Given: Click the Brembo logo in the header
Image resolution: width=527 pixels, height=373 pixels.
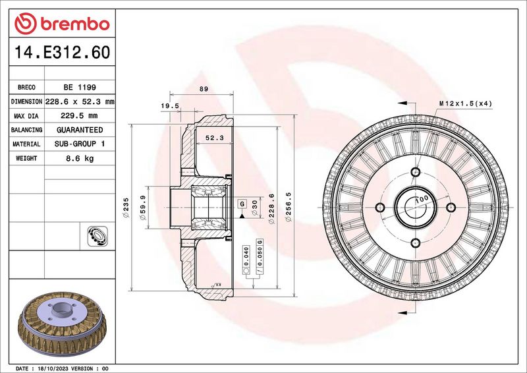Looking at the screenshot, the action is (62, 24).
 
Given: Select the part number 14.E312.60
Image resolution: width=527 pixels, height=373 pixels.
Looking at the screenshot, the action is (62, 52).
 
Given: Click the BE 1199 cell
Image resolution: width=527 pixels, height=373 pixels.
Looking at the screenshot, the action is (80, 88).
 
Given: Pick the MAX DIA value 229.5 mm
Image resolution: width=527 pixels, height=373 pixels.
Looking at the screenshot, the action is (79, 116).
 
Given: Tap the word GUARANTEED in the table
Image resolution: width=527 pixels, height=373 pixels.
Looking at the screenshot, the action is (80, 130).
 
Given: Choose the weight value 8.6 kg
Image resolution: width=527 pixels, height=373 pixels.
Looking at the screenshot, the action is (80, 158).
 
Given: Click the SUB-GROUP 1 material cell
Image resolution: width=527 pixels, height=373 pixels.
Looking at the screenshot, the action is (80, 144).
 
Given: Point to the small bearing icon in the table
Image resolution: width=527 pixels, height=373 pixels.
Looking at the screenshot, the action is (97, 236).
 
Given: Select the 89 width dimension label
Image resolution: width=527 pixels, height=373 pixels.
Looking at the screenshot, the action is (204, 89).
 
